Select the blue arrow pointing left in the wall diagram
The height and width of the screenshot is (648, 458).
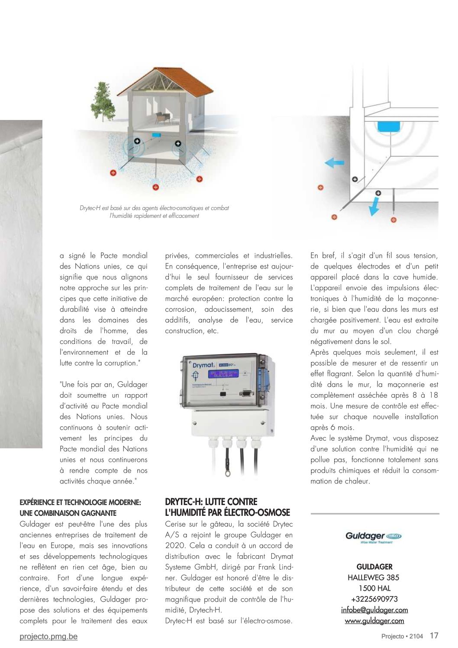334,163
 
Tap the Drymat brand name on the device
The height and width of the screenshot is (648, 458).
203,365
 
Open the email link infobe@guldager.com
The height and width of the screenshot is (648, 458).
374,610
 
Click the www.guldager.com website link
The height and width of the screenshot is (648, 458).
374,621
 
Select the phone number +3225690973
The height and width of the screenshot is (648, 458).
374,599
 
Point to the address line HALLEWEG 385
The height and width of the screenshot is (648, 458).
374,577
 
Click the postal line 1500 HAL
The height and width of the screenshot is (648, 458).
374,588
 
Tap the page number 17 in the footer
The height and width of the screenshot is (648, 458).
434,636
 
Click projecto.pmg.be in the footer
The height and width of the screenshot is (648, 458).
48,637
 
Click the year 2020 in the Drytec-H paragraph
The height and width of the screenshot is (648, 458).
174,546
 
